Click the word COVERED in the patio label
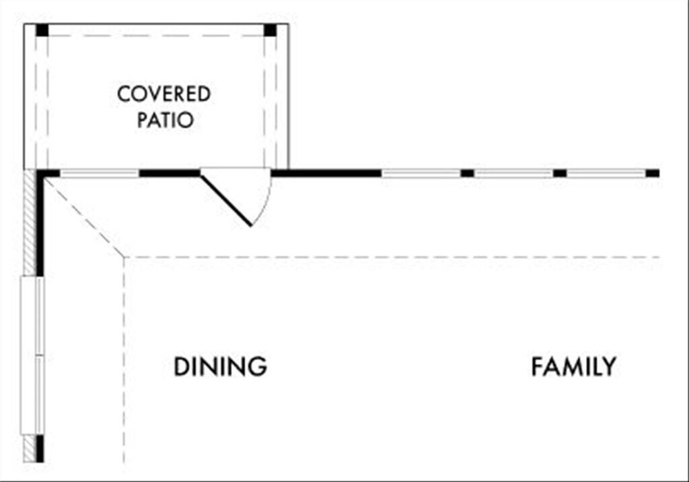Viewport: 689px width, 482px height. (x=164, y=94)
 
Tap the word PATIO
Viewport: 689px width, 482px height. (x=166, y=120)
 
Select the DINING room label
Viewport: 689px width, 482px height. (x=220, y=367)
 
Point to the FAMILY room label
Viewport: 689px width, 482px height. (x=573, y=367)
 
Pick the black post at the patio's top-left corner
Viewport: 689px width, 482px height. (x=42, y=30)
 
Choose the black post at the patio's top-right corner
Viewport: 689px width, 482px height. (x=270, y=30)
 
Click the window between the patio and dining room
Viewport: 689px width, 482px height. (x=100, y=173)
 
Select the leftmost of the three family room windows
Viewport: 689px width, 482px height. (x=421, y=173)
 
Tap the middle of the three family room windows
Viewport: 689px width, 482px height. (x=514, y=173)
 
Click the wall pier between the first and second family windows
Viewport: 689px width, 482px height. (x=468, y=173)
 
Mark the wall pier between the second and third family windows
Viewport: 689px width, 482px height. (x=560, y=173)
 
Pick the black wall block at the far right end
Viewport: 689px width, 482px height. (x=653, y=173)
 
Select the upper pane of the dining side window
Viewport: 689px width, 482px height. (x=32, y=315)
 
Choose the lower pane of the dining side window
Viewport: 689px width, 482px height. (x=32, y=394)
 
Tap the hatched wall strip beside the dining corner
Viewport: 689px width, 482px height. (x=29, y=222)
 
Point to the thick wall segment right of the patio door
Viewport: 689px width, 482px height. (x=326, y=173)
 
